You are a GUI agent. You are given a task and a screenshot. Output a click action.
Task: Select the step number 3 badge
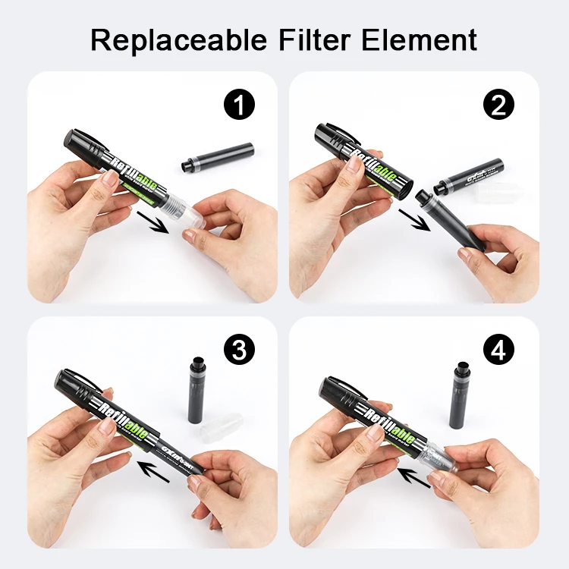pos(240,350)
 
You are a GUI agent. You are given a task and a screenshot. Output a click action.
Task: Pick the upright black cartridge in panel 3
pos(199,390)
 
